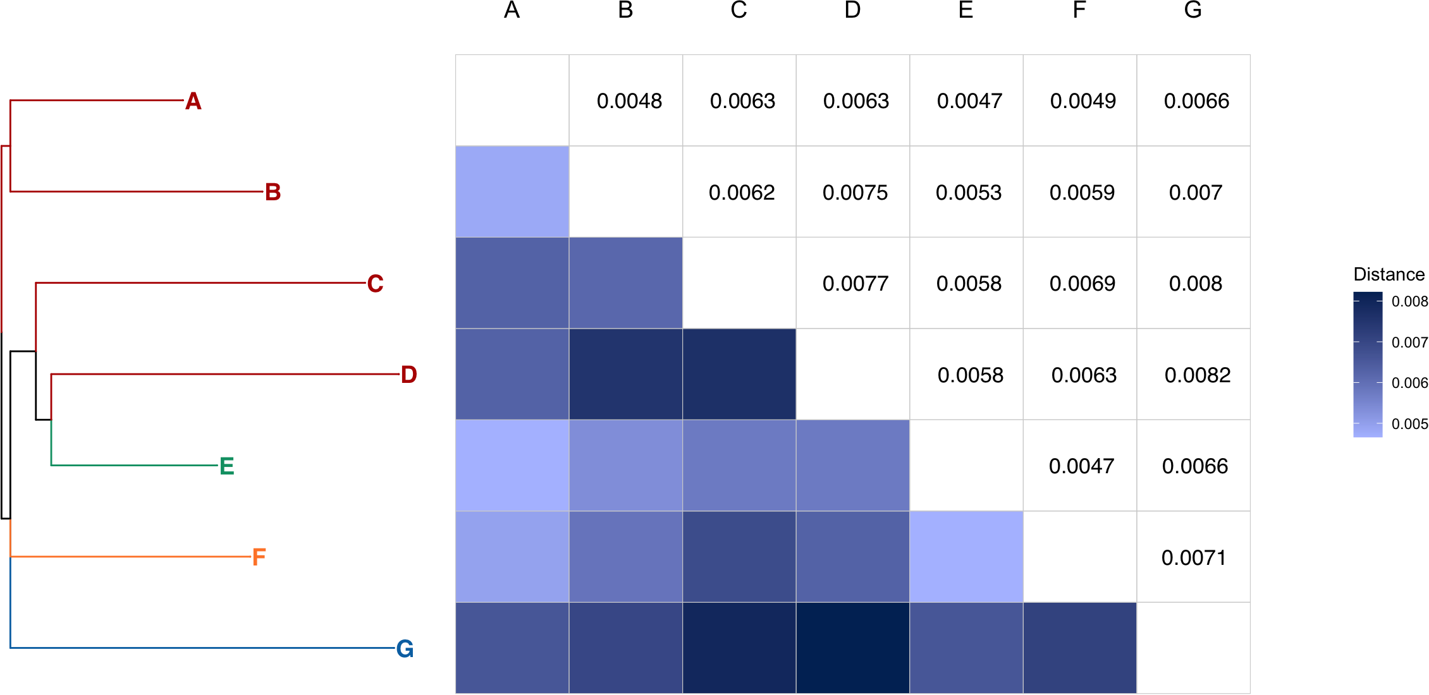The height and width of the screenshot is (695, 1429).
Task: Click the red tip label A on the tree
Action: click(x=193, y=101)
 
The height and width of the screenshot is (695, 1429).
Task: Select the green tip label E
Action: click(x=226, y=466)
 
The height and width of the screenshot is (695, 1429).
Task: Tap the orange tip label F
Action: click(x=259, y=557)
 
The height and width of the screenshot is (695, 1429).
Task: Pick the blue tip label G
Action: click(x=405, y=649)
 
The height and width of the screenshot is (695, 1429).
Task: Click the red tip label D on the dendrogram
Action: click(x=408, y=375)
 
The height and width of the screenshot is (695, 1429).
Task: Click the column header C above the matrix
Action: click(x=739, y=10)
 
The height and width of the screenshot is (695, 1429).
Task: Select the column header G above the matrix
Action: click(x=1193, y=10)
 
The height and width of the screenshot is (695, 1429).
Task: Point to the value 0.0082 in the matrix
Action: click(x=1197, y=375)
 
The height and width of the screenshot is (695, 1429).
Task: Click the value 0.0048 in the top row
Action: click(x=629, y=101)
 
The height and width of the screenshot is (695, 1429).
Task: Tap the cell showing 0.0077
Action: click(x=855, y=284)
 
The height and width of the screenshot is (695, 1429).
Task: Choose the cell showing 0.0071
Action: click(x=1193, y=558)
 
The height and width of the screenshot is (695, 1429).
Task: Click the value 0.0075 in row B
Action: click(x=855, y=193)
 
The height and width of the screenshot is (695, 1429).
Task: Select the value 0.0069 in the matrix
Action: click(x=1082, y=284)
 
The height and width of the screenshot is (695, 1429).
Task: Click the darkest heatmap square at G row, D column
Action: click(x=852, y=648)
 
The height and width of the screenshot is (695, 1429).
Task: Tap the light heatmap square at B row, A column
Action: click(x=512, y=191)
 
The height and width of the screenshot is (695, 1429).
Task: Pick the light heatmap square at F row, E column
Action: click(x=966, y=557)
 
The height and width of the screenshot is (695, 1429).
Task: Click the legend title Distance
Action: click(x=1389, y=274)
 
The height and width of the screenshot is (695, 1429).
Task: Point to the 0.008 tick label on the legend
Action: click(x=1409, y=301)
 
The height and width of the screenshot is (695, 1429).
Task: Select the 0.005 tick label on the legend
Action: click(x=1409, y=424)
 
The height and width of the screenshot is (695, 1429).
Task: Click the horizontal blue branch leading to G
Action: click(x=202, y=648)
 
